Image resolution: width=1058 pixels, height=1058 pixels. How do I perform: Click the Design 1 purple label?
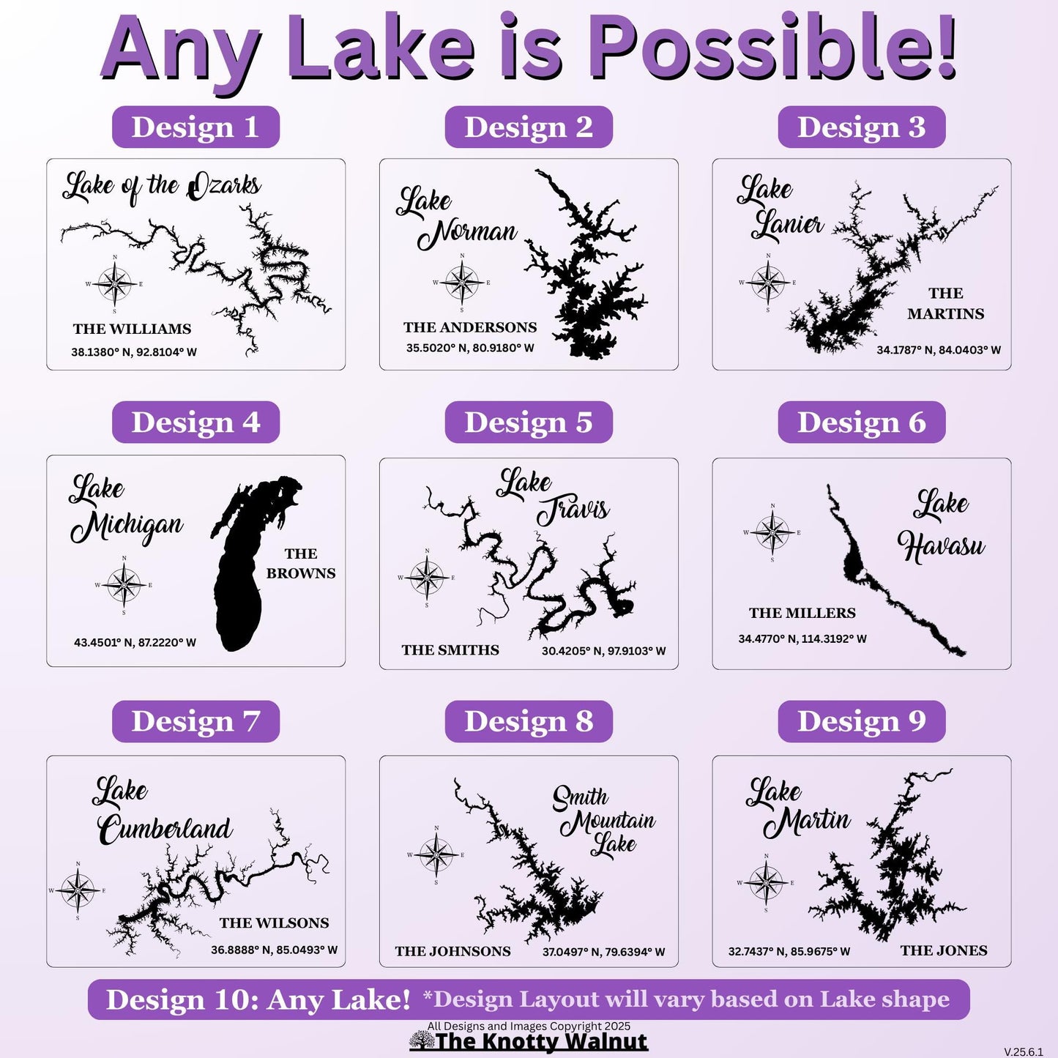[x=195, y=127]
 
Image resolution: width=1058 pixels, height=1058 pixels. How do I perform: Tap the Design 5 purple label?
[x=528, y=422]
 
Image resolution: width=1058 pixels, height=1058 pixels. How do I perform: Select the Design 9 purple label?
[x=862, y=721]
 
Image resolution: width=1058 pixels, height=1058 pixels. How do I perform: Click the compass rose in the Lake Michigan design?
[x=124, y=585]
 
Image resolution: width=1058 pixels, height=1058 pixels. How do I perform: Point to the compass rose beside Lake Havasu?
[x=772, y=532]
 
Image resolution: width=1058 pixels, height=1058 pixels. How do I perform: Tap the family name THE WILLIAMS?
[x=133, y=329]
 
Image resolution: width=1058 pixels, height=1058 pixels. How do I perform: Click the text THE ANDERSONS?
[x=470, y=327]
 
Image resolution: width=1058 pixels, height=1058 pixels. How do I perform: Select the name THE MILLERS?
[x=802, y=613]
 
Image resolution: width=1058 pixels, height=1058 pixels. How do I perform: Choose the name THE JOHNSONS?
[x=453, y=951]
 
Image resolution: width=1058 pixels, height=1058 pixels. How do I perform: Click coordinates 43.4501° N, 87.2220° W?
[x=135, y=642]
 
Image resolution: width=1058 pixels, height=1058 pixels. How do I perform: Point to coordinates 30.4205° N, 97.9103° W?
[x=603, y=651]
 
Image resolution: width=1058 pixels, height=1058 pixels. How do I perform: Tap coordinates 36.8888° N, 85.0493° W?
[x=274, y=950]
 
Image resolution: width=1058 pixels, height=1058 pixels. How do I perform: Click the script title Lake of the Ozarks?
[x=162, y=187]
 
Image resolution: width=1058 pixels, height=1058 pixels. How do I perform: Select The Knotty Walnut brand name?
[x=541, y=1041]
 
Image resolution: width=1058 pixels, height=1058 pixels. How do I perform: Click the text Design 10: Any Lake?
[x=258, y=999]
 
